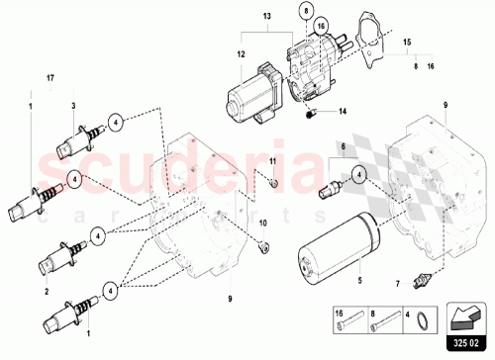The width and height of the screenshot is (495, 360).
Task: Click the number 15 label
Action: click(405, 45)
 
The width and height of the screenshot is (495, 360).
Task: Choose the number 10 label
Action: click(262, 225)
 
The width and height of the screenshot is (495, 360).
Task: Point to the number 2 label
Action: click(46, 293)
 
